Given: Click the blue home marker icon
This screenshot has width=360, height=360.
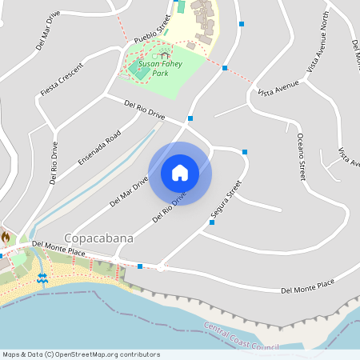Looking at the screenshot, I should point(180,172).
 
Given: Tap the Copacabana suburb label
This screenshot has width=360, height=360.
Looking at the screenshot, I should point(98,238).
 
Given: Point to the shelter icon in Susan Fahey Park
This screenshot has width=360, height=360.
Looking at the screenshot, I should point(165,56).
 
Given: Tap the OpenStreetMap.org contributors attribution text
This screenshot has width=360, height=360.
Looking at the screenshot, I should point(107,354).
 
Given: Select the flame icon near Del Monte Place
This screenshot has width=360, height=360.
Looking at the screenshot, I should point(6,238).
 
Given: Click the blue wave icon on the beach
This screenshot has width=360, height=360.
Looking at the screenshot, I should point(42,278).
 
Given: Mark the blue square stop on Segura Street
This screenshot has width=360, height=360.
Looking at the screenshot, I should point(212,223).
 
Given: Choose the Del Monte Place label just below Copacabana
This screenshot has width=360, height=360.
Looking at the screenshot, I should point(58,252).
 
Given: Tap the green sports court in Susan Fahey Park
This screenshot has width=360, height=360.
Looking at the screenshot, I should point(141,72).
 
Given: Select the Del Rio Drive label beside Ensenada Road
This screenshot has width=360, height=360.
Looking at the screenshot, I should point(54,163).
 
